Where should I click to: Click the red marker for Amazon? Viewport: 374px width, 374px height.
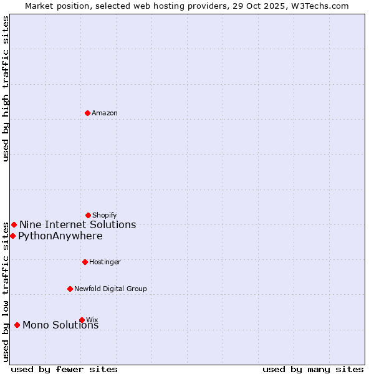point(87,113)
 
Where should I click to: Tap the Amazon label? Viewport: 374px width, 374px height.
point(105,113)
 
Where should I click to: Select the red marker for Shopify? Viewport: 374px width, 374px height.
point(88,215)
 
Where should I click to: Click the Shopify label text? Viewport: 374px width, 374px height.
point(105,216)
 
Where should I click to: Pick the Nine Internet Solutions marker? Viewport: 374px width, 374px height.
point(14,224)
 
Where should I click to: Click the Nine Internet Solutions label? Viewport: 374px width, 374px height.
point(77,225)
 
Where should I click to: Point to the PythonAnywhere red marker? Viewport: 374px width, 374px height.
point(12,236)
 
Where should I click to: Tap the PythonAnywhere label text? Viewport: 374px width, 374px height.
point(60,236)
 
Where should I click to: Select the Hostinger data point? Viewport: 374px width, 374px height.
point(85,262)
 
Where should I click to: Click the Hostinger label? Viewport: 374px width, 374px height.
point(105,262)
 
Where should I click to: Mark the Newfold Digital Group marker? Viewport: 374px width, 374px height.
point(70,289)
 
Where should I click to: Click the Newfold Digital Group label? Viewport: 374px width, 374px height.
point(110,289)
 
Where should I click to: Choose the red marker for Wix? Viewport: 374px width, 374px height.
point(82,320)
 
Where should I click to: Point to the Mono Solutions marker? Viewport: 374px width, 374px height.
point(17,325)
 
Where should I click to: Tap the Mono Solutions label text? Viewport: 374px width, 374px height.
point(60,325)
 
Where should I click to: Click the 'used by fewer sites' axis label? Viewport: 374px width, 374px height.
point(64,369)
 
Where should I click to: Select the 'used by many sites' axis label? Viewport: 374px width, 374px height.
point(313,369)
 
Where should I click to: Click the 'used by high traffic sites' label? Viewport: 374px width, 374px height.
point(6,89)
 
